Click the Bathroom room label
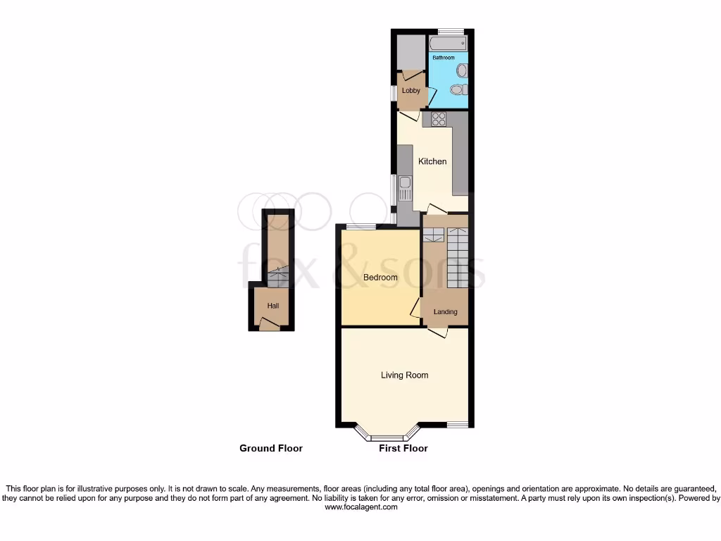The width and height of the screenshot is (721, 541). click(x=444, y=57)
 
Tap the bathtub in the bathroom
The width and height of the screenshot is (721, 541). click(x=448, y=44)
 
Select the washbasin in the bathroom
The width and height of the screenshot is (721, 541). click(x=462, y=70)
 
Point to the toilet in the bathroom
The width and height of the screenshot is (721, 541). click(x=458, y=89)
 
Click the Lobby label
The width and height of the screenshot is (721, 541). click(x=410, y=91)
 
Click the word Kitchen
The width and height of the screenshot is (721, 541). click(x=432, y=161)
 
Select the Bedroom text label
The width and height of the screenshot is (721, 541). click(x=380, y=278)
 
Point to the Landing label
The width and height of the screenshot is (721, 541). click(x=445, y=312)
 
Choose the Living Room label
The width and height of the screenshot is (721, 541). click(x=405, y=375)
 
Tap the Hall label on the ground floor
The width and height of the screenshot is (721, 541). click(x=272, y=306)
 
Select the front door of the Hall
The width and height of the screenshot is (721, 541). click(x=268, y=324)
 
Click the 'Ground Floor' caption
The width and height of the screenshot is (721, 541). click(x=271, y=448)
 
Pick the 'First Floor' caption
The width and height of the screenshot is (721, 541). click(x=403, y=448)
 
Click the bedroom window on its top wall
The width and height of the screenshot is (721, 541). click(x=360, y=227)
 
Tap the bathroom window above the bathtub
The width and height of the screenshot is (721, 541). click(x=451, y=31)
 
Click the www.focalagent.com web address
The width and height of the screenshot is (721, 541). click(x=360, y=507)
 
